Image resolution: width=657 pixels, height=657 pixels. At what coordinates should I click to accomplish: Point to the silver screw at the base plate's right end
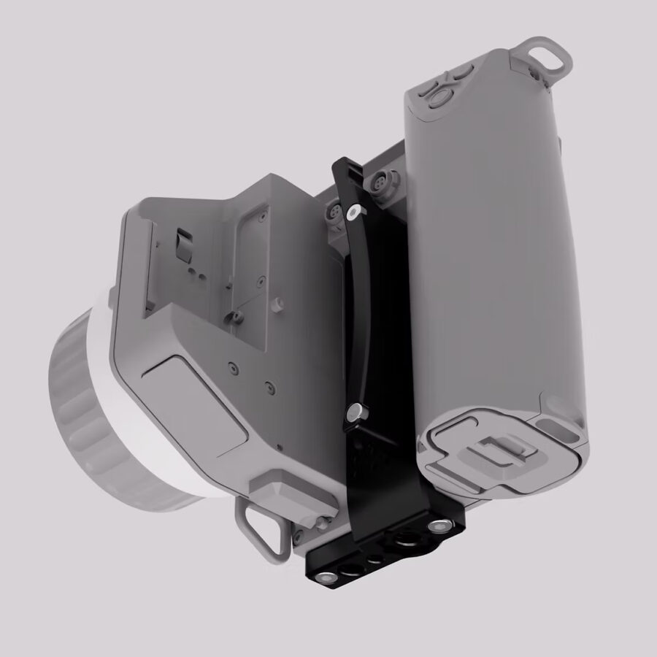439,526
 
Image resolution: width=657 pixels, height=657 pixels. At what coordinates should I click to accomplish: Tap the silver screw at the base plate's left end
326,577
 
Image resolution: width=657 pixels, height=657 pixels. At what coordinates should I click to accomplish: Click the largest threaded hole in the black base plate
403,544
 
